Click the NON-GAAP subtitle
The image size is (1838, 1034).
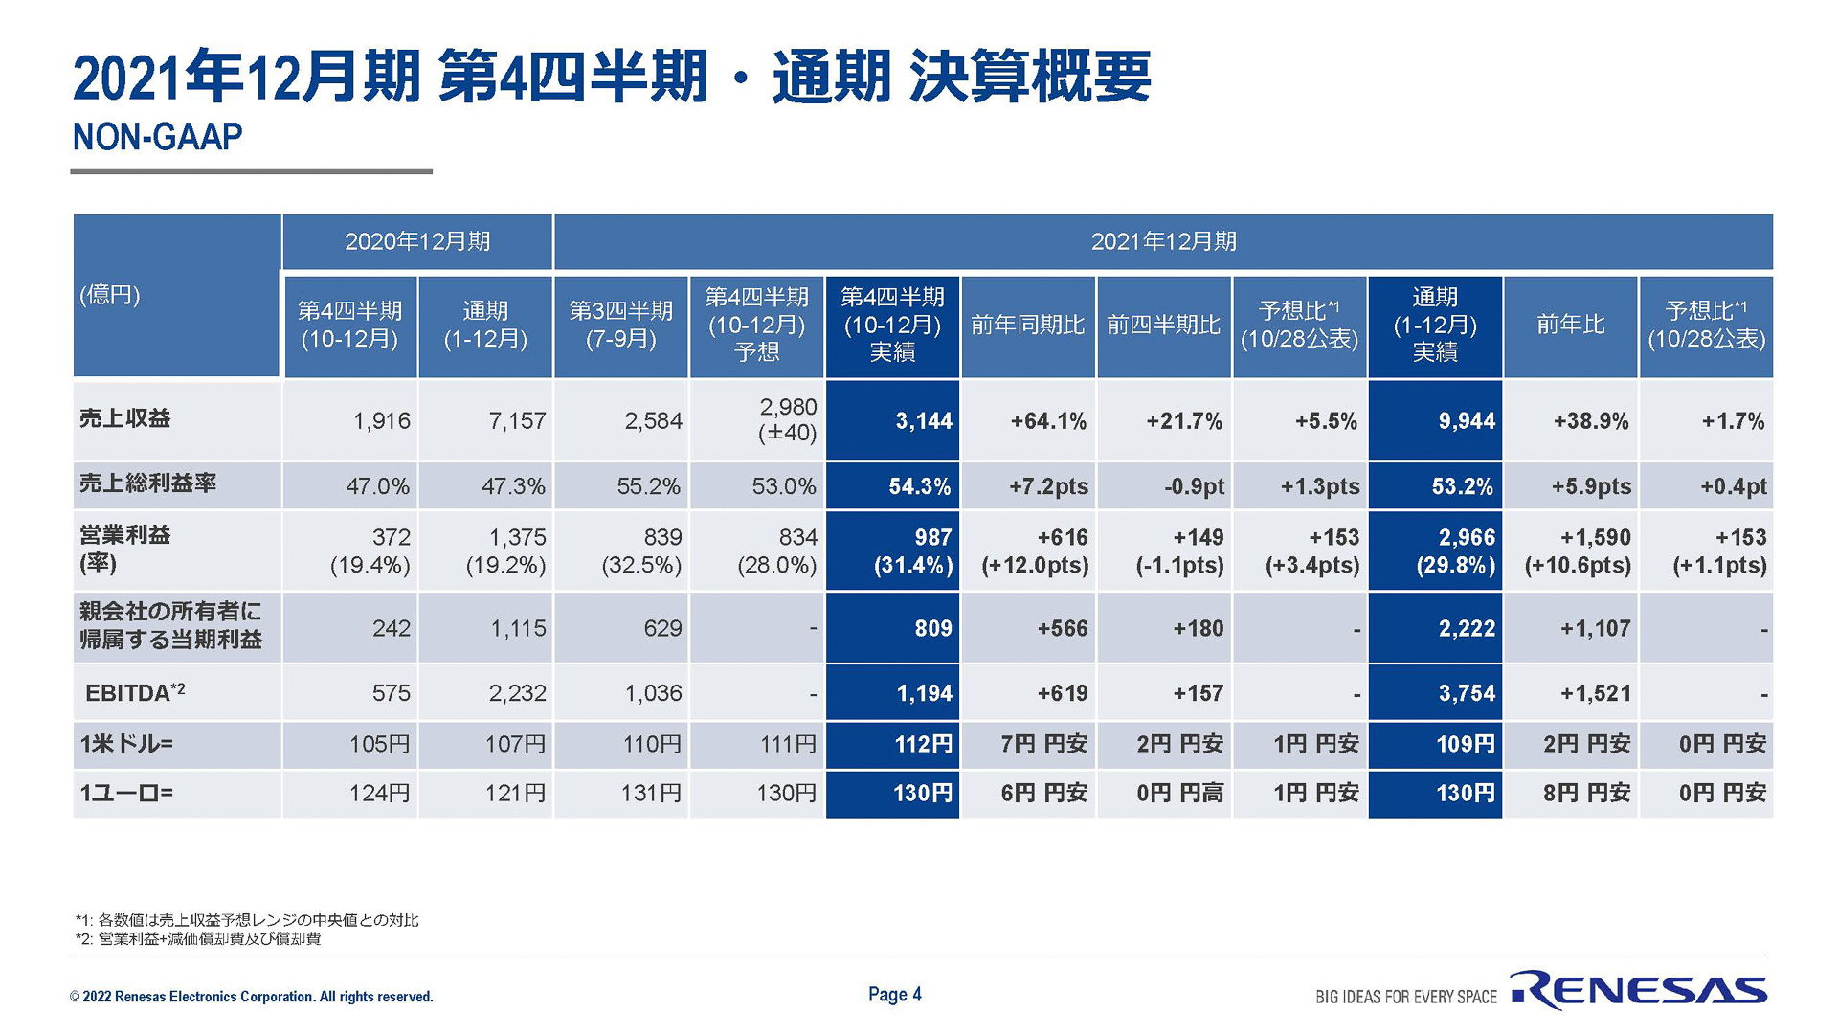(x=157, y=137)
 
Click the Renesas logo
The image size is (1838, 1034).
(x=1639, y=990)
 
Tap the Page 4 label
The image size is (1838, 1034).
(x=894, y=994)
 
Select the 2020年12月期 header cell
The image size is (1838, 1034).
(x=417, y=241)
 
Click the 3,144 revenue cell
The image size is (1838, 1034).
(x=893, y=420)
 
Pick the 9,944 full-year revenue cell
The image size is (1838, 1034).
(x=1435, y=420)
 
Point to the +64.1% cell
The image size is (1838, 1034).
(x=1028, y=420)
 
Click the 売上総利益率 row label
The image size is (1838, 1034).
(x=148, y=483)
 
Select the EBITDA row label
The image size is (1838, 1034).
(x=135, y=692)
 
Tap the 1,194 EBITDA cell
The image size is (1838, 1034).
(x=893, y=692)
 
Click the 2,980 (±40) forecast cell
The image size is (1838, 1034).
(x=757, y=420)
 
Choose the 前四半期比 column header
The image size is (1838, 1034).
(x=1163, y=326)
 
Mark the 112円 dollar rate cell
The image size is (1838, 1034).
(x=893, y=744)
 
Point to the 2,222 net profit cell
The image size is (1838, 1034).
(x=1435, y=628)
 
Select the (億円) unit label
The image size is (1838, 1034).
(x=110, y=295)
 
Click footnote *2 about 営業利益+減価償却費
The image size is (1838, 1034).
(x=198, y=939)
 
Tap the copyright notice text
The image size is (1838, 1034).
(x=251, y=997)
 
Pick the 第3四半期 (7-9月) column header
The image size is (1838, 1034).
(x=621, y=326)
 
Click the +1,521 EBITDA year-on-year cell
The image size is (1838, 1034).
(x=1571, y=692)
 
